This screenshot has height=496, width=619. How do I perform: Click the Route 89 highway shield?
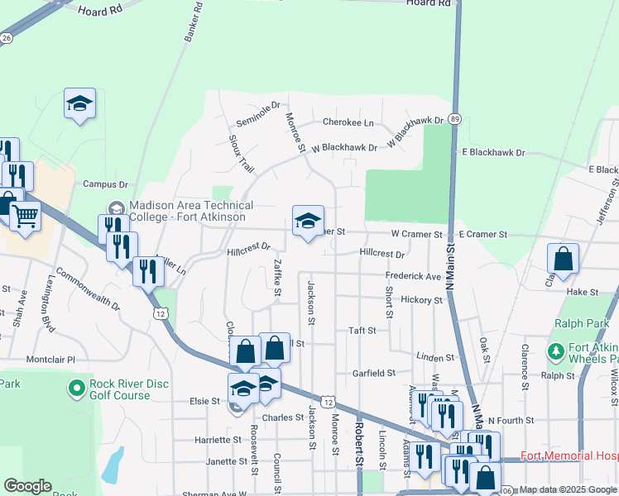click(455, 120)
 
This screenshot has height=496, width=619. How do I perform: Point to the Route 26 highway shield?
click(7, 38)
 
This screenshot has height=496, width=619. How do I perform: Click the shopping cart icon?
click(26, 216)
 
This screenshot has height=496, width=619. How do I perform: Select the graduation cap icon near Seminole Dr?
click(80, 103)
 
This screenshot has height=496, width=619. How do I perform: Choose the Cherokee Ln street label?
click(348, 122)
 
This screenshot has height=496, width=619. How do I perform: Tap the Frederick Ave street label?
click(413, 276)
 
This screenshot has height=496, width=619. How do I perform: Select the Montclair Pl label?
click(50, 360)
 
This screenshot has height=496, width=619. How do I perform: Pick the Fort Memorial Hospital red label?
click(569, 456)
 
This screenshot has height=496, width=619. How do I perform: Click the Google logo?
click(27, 486)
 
